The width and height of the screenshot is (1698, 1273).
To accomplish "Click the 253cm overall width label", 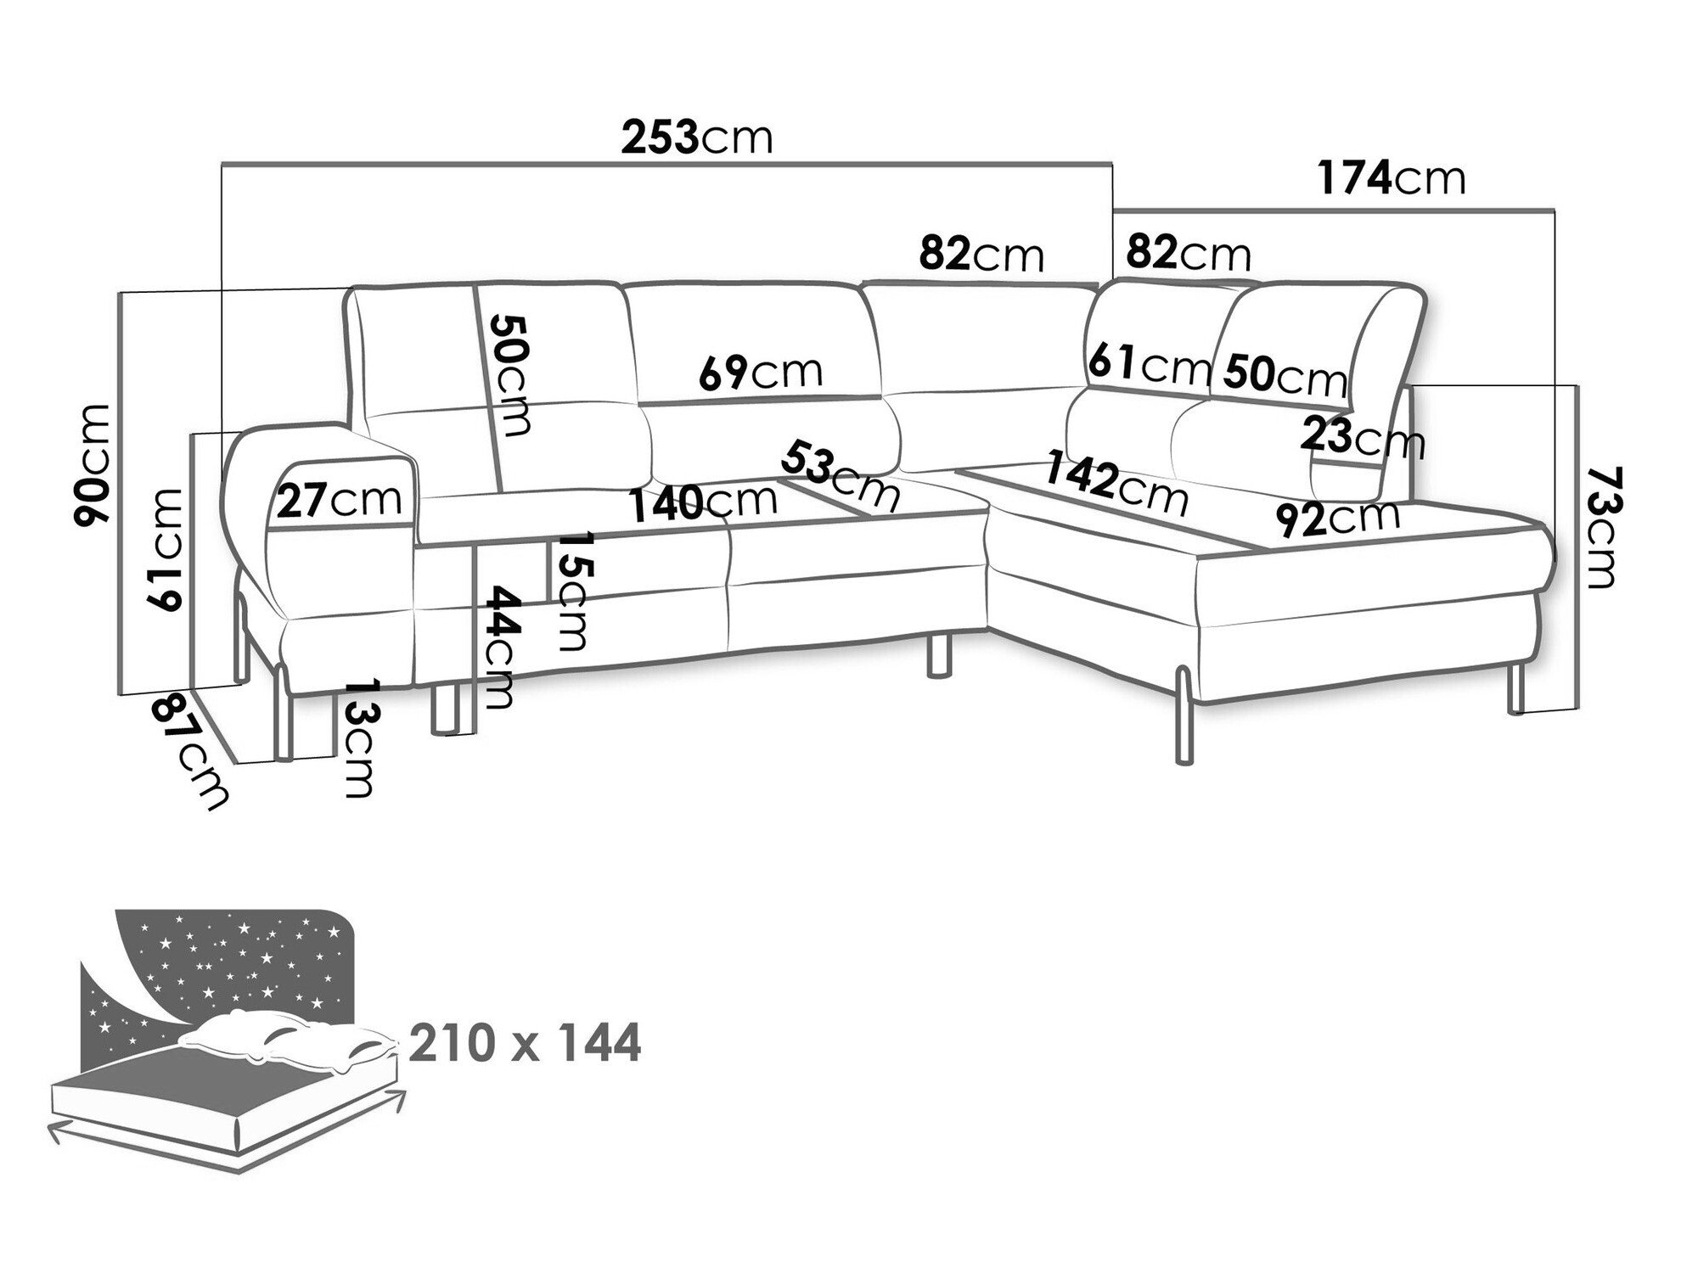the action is point(697,137).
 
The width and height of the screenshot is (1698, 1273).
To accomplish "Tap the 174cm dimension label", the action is point(1392,178).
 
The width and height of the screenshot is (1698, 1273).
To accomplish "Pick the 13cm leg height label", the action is point(360,737).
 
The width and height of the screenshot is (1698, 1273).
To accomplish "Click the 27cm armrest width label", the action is point(339,501).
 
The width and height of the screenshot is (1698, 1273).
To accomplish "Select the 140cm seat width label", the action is point(703,503).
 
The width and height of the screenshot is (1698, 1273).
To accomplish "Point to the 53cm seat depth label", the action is point(841,475).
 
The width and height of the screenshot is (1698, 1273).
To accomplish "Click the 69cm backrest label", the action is point(761,371).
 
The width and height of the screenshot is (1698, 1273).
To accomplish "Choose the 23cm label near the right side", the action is point(1362,439).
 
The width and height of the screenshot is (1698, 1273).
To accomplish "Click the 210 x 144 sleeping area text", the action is point(525,1044).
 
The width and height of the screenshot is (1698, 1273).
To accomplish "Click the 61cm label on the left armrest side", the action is point(164,550).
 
